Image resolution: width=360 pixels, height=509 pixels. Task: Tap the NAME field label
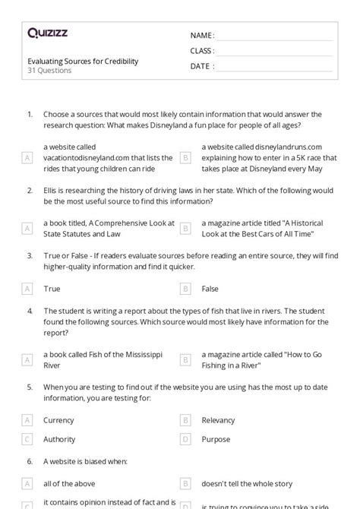[x=201, y=36]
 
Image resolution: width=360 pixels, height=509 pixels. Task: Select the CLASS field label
[x=202, y=51]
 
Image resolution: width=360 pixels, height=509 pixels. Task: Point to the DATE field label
[x=201, y=66]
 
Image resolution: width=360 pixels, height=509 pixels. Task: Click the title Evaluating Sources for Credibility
[x=83, y=61]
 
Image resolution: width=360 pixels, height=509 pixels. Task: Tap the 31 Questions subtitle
[x=49, y=71]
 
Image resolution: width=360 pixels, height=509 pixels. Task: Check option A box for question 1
[x=28, y=158]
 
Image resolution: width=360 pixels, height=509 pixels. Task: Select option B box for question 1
[x=185, y=158]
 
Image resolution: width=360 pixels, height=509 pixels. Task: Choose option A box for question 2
[x=28, y=228]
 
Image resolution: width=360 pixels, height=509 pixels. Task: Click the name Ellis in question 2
[x=52, y=191]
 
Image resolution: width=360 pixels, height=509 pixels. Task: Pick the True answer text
[x=52, y=289]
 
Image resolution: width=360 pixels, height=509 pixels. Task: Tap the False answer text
[x=210, y=289]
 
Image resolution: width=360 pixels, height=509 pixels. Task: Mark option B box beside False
[x=185, y=289]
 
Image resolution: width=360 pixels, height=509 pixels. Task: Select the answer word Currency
[x=58, y=419]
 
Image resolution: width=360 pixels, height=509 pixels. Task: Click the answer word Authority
[x=59, y=438]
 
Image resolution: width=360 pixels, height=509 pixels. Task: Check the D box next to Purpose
[x=185, y=438]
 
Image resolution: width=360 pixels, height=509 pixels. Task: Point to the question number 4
[x=30, y=311]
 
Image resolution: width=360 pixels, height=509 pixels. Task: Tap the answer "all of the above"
[x=68, y=483]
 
